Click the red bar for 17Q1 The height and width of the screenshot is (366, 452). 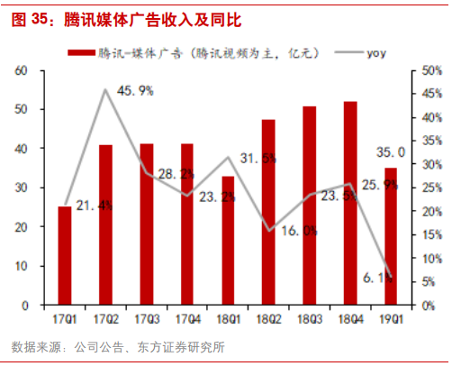pyautogui.click(x=65, y=256)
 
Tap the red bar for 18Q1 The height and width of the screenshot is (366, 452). pyautogui.click(x=228, y=241)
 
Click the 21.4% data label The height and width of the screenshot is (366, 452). pyautogui.click(x=87, y=206)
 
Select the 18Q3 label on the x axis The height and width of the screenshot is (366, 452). pyautogui.click(x=310, y=320)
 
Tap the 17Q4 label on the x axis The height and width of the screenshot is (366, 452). pyautogui.click(x=187, y=320)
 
